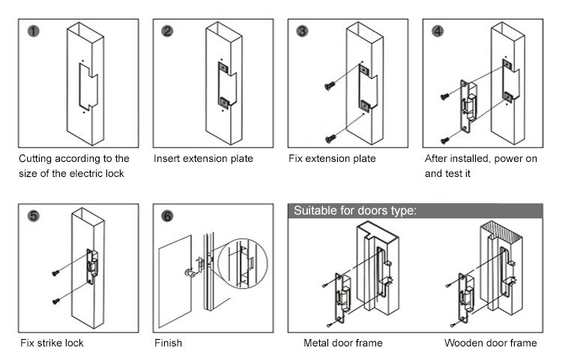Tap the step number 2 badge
(167, 31)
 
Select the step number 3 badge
(302, 31)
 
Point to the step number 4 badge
(438, 31)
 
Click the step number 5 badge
(33, 216)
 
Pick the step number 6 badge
(167, 216)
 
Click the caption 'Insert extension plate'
(203, 159)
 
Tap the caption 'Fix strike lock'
(52, 343)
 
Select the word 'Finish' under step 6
(168, 343)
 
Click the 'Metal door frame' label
(342, 343)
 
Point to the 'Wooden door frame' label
(490, 343)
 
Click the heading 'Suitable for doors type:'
(354, 210)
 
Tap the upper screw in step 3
(328, 87)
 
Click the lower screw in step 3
(330, 137)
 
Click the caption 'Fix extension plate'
(332, 159)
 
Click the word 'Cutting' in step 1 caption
(37, 159)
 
